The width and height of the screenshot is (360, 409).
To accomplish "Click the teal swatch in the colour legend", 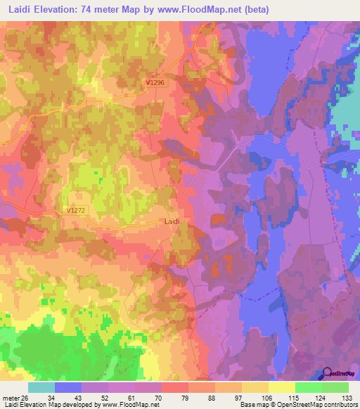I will click(41, 387).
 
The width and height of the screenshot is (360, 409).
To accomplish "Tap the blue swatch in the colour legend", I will click(68, 387).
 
